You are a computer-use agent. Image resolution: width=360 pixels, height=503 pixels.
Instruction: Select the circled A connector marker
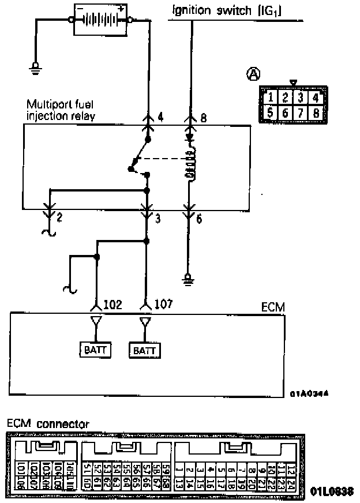253,73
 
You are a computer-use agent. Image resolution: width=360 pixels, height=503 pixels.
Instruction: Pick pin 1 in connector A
270,96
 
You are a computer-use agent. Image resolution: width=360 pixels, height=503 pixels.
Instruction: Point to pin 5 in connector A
270,113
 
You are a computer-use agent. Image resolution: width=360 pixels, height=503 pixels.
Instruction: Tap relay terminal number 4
160,117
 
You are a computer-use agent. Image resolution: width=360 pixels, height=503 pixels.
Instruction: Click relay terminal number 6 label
198,218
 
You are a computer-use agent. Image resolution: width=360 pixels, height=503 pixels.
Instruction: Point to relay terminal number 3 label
158,218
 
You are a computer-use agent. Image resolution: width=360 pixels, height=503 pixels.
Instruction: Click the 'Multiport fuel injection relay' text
61,110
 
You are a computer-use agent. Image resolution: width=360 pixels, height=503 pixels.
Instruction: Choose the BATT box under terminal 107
146,350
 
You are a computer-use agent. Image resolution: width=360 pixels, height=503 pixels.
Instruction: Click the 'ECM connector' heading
48,423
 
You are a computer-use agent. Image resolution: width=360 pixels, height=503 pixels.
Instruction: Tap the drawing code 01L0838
332,491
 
